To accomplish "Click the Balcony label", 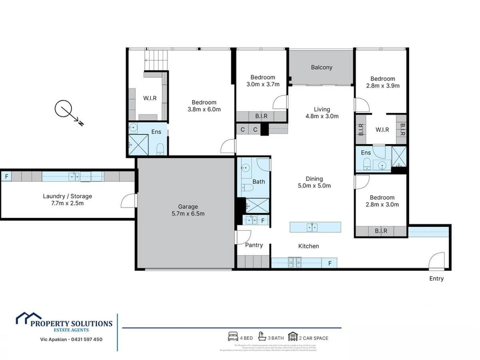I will [x=322, y=67].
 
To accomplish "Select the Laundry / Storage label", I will [x=67, y=200].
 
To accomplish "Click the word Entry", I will [x=436, y=278].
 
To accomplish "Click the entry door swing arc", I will [x=437, y=260].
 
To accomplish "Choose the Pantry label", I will [x=254, y=245].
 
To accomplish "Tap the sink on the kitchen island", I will [x=312, y=227].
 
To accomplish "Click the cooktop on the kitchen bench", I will [x=295, y=263].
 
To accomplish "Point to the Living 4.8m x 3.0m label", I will [x=322, y=113].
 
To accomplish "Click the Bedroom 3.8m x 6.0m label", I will [x=204, y=106].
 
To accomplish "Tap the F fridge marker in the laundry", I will [x=6, y=176].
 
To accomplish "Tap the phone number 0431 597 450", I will [x=86, y=339].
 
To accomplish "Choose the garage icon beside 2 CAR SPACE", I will [x=293, y=337].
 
